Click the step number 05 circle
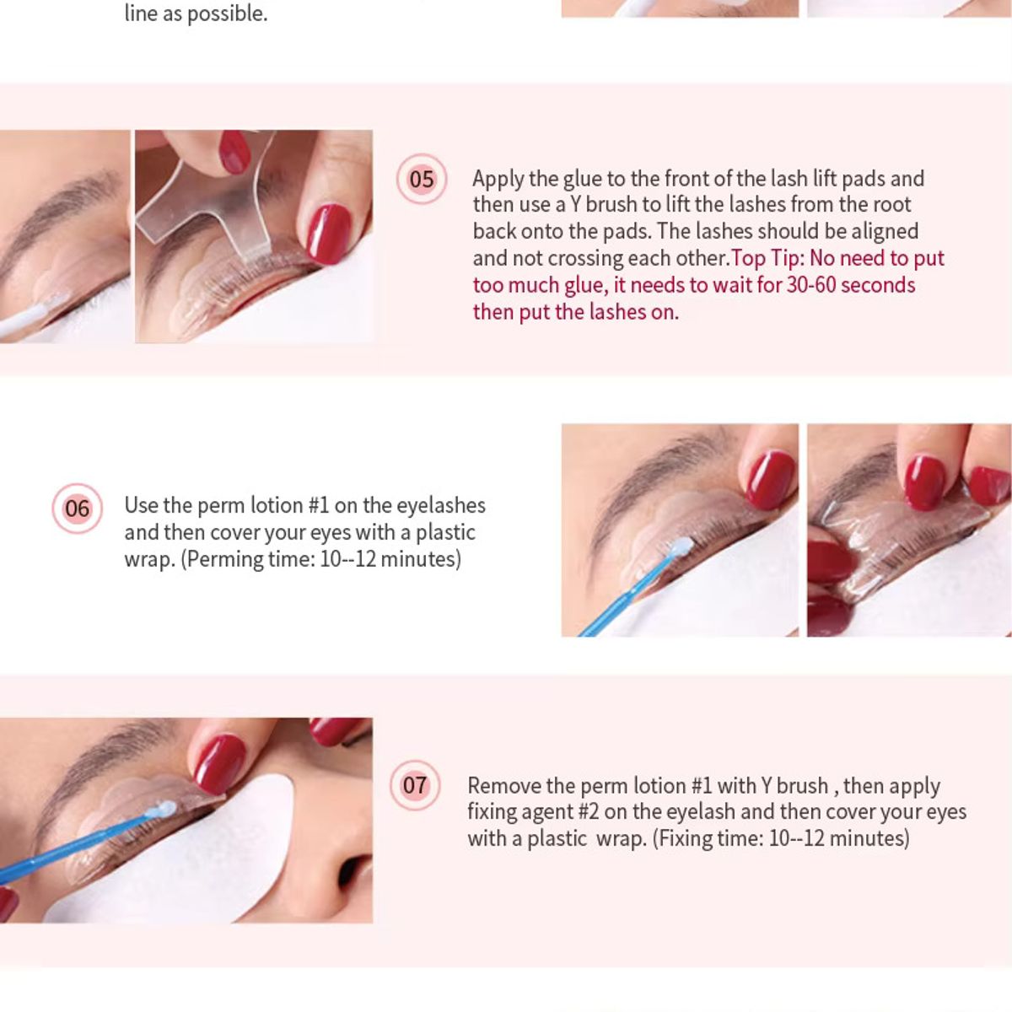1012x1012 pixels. (x=421, y=179)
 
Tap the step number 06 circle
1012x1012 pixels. (x=77, y=509)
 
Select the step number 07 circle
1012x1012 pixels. (x=414, y=785)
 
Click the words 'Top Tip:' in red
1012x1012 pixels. (x=767, y=258)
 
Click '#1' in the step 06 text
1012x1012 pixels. (x=318, y=505)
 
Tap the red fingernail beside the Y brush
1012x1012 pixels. (x=328, y=234)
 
